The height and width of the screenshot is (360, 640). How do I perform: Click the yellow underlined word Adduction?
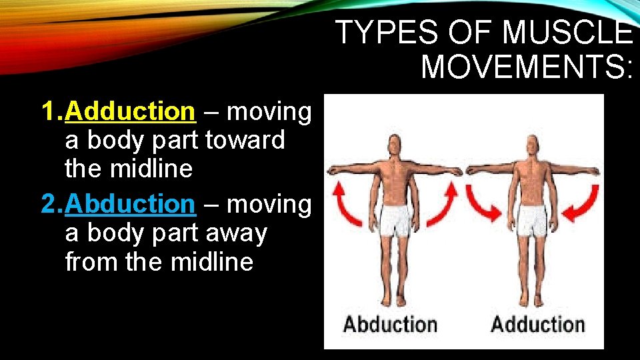[129, 111]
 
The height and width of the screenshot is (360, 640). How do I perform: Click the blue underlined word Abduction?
[129, 203]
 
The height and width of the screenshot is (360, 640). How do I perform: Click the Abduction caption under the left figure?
[390, 325]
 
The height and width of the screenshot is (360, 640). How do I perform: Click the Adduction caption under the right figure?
[537, 325]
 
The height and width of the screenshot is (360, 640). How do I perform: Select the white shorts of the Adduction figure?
[534, 221]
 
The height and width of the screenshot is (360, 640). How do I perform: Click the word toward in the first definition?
[245, 140]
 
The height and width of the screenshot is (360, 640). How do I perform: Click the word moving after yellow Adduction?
[269, 111]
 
